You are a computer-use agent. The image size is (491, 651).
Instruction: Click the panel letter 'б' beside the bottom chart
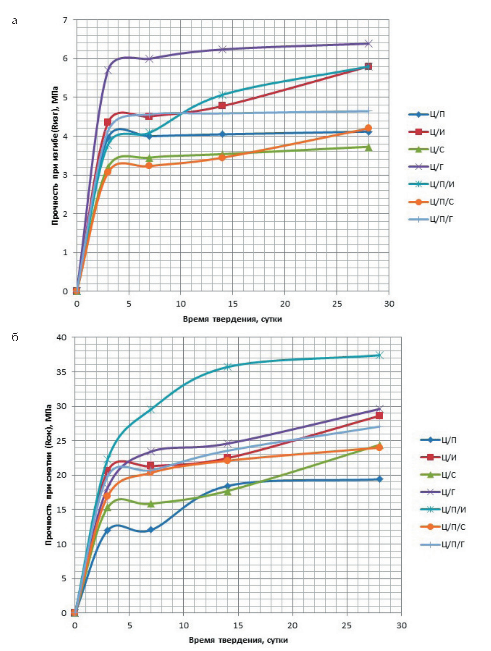click(15, 338)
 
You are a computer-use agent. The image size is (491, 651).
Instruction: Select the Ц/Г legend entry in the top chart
click(431, 167)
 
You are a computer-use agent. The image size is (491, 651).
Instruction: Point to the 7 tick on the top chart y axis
click(65, 20)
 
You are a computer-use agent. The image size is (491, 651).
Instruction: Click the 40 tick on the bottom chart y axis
click(62, 337)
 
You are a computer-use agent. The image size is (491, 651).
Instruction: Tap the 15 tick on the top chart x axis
click(233, 304)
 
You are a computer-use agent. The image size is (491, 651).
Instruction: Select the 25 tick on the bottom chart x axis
click(347, 625)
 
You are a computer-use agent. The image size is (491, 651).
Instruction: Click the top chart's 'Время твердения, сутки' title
click(232, 319)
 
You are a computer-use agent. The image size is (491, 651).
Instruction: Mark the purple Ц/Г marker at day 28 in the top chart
click(368, 43)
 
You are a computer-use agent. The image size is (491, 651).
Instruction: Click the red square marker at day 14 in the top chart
click(222, 106)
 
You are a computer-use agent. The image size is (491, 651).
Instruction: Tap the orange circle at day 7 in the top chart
click(149, 166)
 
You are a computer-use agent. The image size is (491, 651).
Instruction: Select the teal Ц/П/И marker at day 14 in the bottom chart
click(228, 367)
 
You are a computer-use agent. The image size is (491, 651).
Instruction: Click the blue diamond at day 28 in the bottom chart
click(379, 479)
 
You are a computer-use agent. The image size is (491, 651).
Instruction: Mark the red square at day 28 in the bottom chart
click(379, 416)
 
